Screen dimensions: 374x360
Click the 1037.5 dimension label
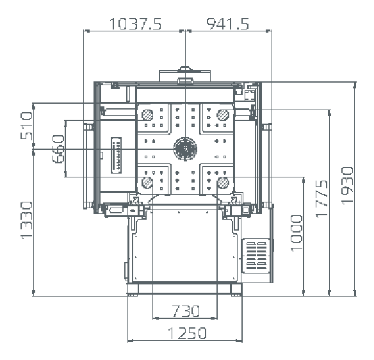click(x=135, y=24)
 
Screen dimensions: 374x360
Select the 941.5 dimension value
click(x=227, y=24)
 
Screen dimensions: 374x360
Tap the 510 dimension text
click(x=26, y=126)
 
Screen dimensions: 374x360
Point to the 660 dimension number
click(x=58, y=149)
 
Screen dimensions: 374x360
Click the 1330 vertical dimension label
click(x=26, y=220)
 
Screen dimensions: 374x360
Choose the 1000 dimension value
click(x=297, y=233)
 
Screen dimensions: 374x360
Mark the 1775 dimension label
click(x=321, y=199)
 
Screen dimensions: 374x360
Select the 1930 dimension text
click(x=347, y=186)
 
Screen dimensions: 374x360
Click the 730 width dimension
click(x=186, y=311)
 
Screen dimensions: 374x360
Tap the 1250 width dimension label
click(x=187, y=333)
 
